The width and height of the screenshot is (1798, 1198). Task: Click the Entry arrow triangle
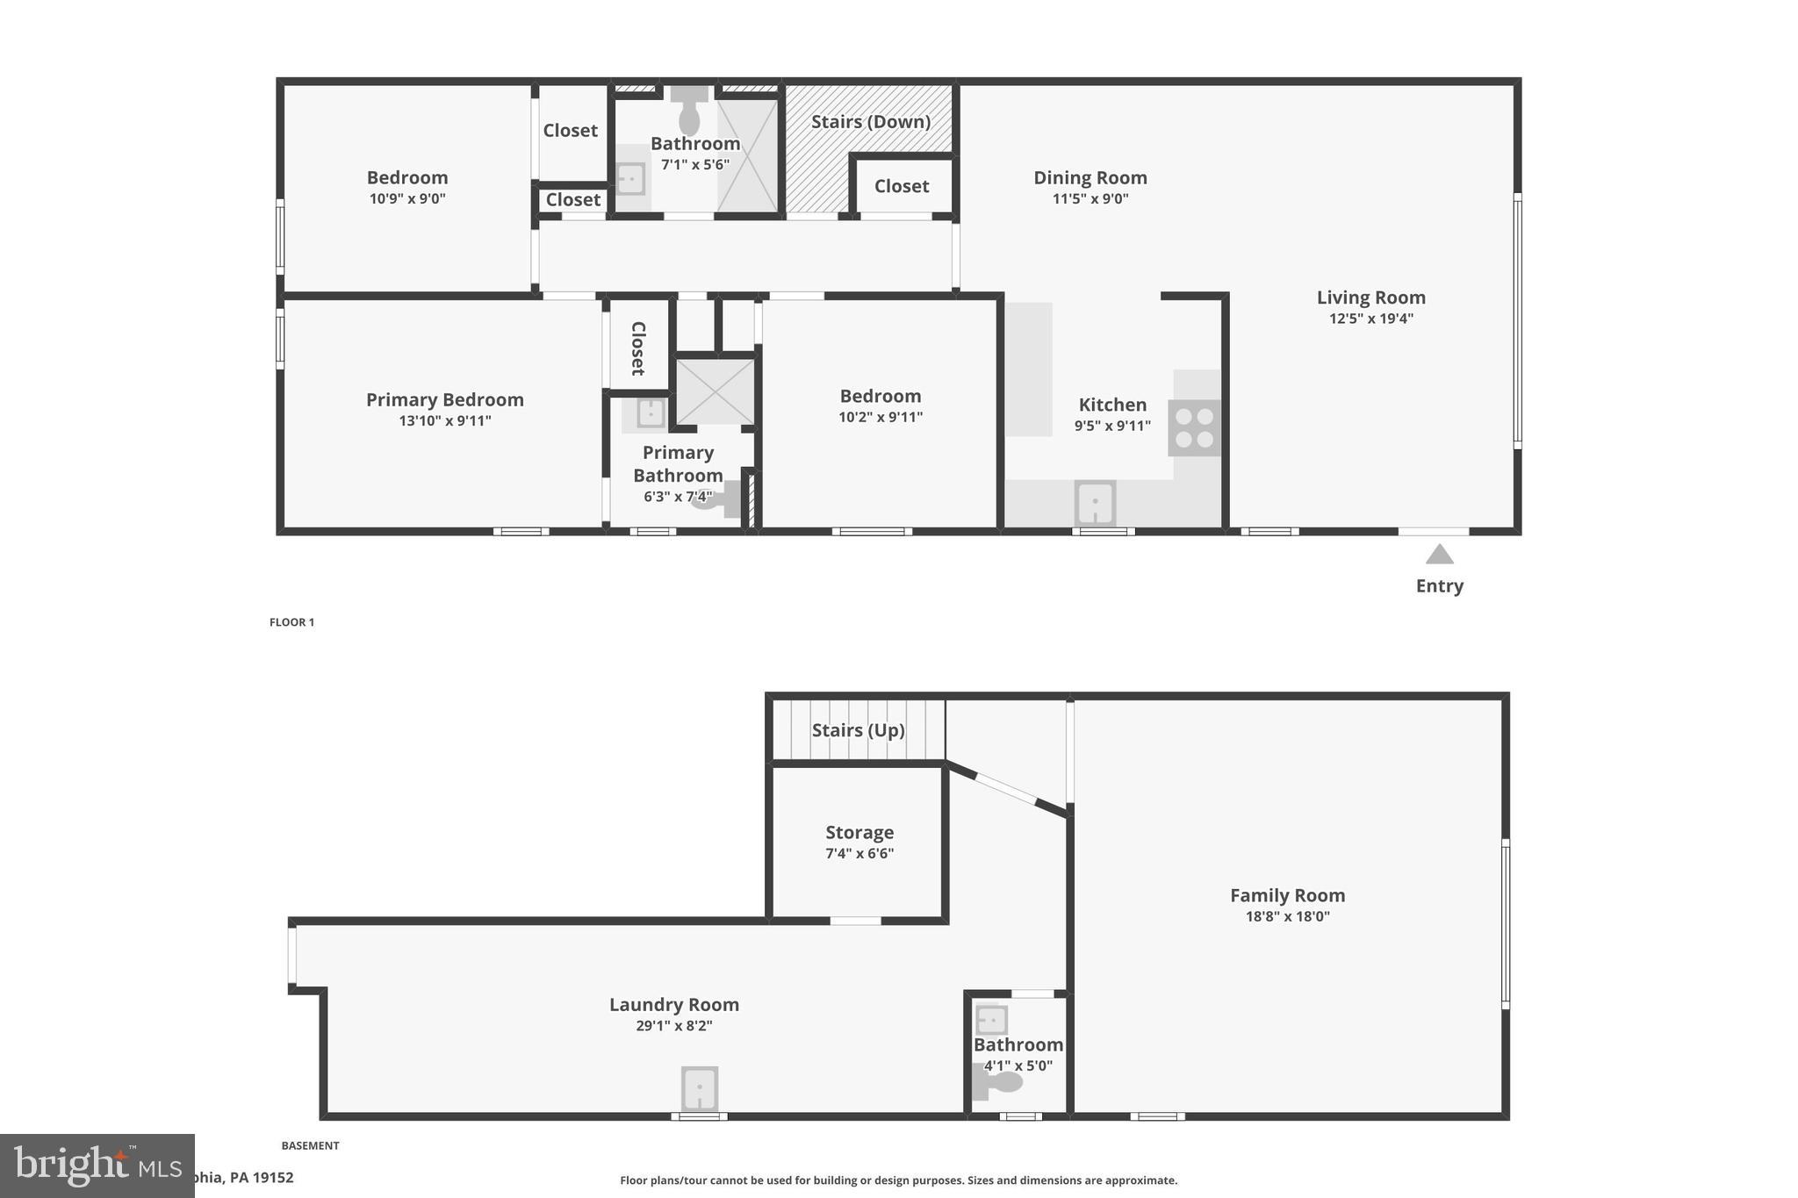tap(1439, 555)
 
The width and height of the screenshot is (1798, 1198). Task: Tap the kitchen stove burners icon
tap(1194, 427)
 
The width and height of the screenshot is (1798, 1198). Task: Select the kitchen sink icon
tap(1095, 503)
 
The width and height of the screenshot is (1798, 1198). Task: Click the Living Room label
tap(1370, 298)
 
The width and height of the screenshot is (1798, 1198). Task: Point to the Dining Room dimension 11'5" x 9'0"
tap(1090, 198)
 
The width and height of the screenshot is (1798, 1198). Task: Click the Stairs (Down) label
tap(870, 121)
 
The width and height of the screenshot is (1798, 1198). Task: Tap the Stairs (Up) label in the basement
tap(858, 730)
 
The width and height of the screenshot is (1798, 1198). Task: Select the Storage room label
tap(859, 832)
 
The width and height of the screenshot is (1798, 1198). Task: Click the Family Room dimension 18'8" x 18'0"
tap(1287, 916)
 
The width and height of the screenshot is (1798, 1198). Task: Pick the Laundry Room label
tap(674, 1004)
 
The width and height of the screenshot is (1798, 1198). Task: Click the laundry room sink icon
tap(700, 1088)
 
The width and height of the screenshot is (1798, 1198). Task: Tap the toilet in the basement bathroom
tap(998, 1081)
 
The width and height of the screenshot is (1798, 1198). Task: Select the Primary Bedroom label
tap(445, 399)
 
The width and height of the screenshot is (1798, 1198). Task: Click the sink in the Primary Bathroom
tap(651, 412)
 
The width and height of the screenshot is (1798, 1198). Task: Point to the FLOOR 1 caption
tap(291, 622)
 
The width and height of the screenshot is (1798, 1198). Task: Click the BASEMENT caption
tap(310, 1145)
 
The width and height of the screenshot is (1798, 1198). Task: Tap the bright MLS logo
tap(97, 1166)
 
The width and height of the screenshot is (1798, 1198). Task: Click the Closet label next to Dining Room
tap(902, 186)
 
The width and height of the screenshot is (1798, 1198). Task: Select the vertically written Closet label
tap(638, 348)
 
